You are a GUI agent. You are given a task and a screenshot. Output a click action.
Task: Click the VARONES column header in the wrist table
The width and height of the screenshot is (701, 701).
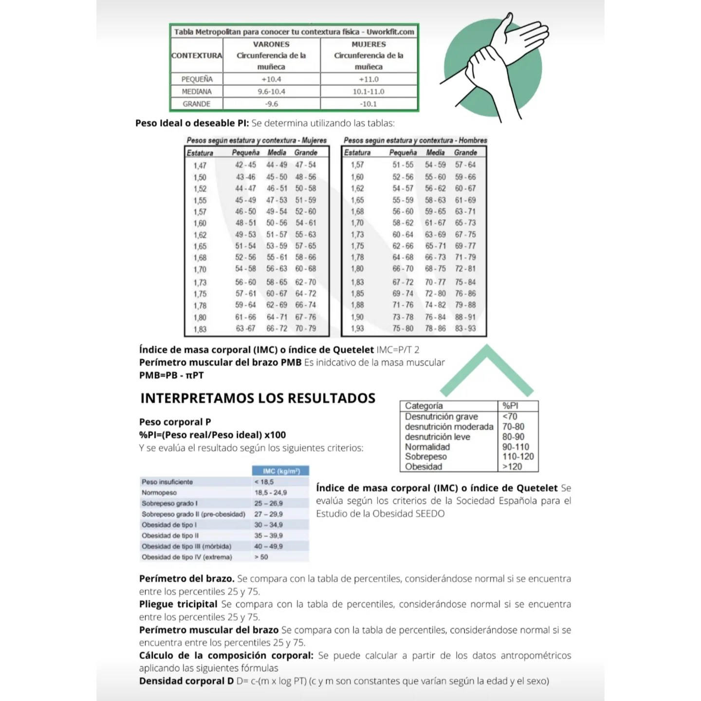271,44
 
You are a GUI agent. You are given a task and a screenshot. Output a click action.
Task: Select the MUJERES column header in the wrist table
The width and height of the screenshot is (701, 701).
369,44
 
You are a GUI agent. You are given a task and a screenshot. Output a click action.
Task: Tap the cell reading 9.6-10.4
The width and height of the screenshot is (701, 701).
271,92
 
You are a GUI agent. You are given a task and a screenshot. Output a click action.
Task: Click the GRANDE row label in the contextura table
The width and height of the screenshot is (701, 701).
197,104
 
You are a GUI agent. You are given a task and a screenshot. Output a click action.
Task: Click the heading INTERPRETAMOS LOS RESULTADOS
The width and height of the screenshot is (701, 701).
258,398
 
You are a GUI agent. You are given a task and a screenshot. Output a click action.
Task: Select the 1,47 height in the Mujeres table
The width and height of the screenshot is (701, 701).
200,166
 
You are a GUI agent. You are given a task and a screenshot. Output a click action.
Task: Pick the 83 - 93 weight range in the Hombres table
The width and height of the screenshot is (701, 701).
465,329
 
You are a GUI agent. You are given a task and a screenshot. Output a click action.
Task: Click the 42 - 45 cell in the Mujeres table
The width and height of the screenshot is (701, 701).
245,165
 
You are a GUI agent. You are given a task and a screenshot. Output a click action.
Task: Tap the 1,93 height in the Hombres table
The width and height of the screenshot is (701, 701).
357,329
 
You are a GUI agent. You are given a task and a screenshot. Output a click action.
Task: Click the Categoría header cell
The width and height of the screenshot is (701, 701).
424,406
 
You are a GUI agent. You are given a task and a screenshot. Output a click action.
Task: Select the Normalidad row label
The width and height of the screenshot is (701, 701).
427,447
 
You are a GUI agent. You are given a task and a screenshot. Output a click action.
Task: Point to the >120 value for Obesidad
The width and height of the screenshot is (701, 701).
512,466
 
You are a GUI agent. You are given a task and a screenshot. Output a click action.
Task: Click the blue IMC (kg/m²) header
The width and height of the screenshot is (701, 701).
281,471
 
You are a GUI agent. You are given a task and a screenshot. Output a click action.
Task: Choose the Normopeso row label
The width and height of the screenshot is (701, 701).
159,493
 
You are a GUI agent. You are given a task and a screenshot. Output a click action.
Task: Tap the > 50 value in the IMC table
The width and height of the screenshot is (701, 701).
261,557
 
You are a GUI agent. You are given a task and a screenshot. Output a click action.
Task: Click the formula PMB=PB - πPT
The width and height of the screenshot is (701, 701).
171,375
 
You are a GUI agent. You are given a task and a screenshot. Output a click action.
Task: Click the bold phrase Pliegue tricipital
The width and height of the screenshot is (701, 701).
178,604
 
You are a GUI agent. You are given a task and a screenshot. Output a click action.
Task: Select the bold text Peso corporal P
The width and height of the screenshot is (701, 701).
175,422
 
